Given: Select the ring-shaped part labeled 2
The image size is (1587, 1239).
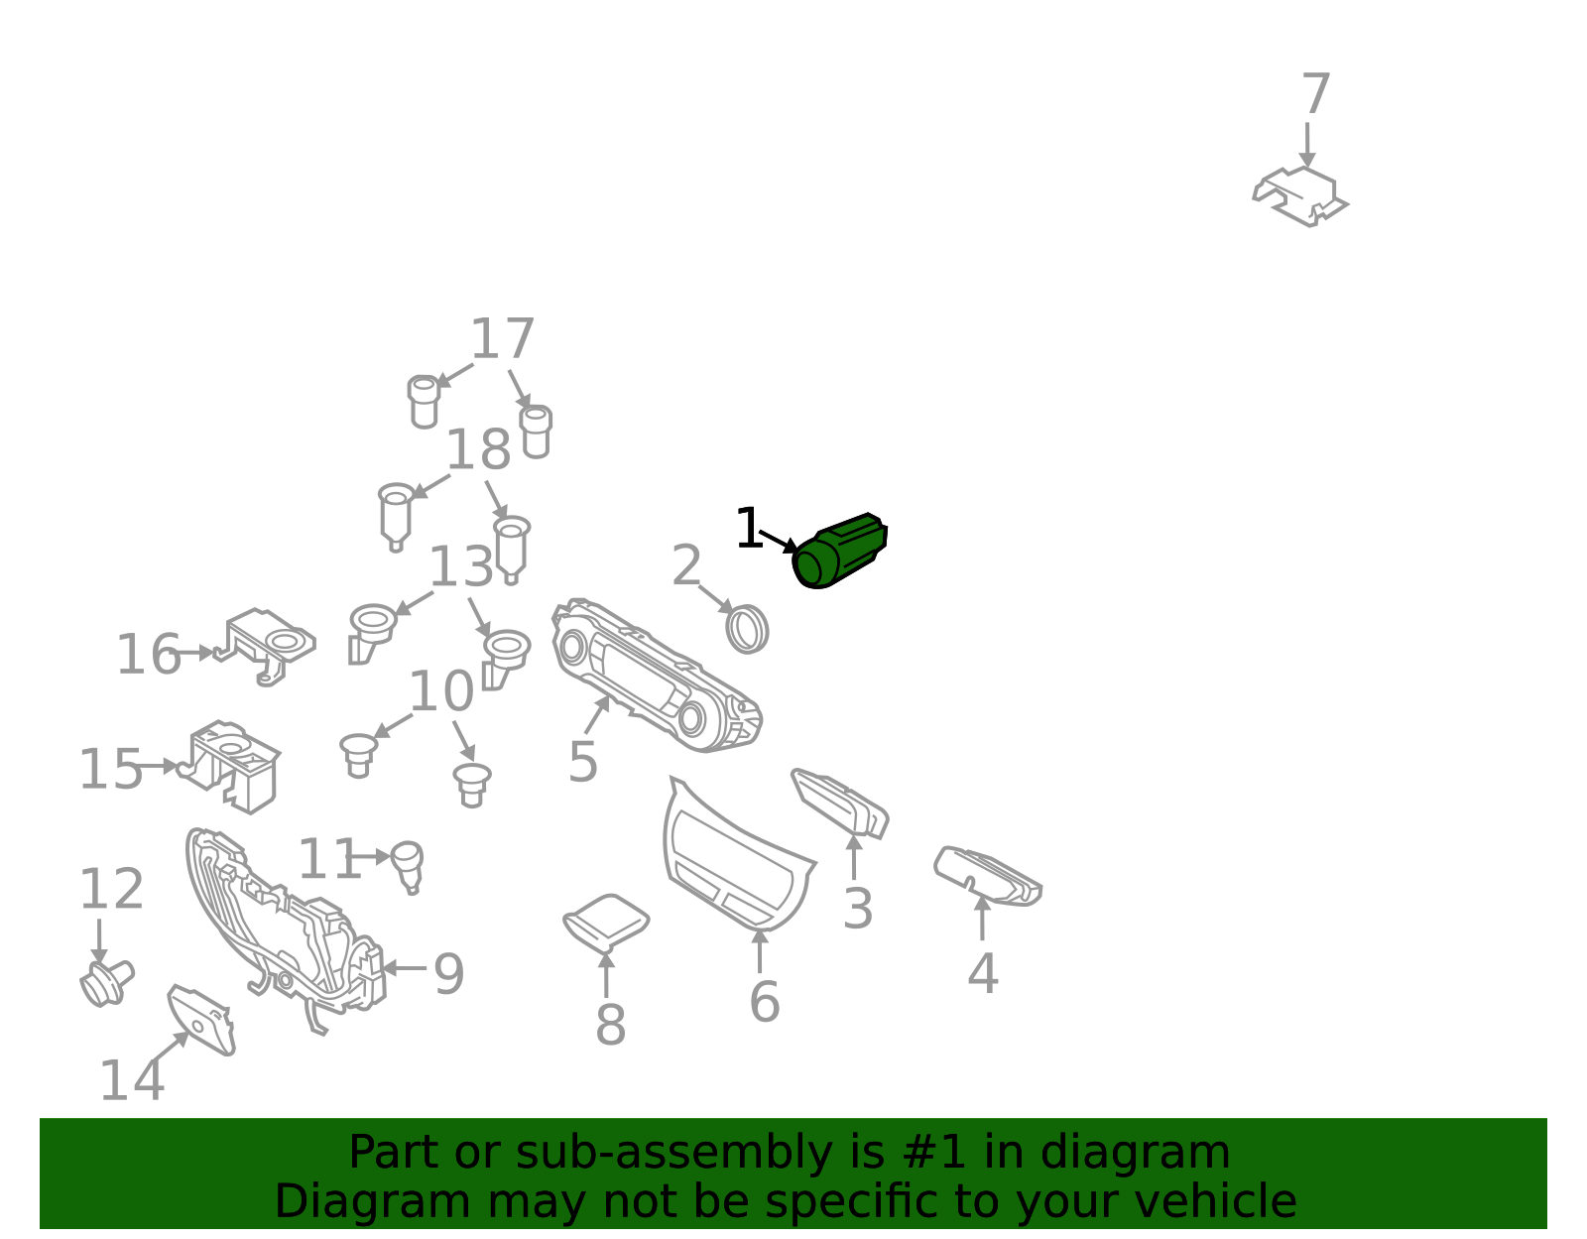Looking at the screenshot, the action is (747, 629).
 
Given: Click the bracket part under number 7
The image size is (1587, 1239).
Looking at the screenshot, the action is (1300, 196).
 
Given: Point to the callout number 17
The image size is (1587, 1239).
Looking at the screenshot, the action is (503, 339).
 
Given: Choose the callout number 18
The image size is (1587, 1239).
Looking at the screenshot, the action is (478, 449).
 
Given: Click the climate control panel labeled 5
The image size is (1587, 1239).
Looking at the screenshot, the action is (656, 677).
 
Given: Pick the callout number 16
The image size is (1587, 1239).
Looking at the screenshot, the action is (148, 655).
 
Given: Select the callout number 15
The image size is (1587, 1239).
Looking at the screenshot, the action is (110, 770).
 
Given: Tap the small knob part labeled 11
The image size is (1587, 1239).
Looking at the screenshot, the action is (408, 867).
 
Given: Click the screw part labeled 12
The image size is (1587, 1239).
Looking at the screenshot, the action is (107, 983).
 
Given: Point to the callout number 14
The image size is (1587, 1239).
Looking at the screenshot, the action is (132, 1081).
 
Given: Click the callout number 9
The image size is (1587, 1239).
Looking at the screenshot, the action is (448, 974).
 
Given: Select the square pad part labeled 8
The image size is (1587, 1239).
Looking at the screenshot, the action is (606, 924).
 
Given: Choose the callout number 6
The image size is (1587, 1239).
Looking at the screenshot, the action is (765, 1003).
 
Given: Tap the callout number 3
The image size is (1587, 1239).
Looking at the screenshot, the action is (857, 909).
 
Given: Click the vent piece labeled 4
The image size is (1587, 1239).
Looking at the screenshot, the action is (988, 876).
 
